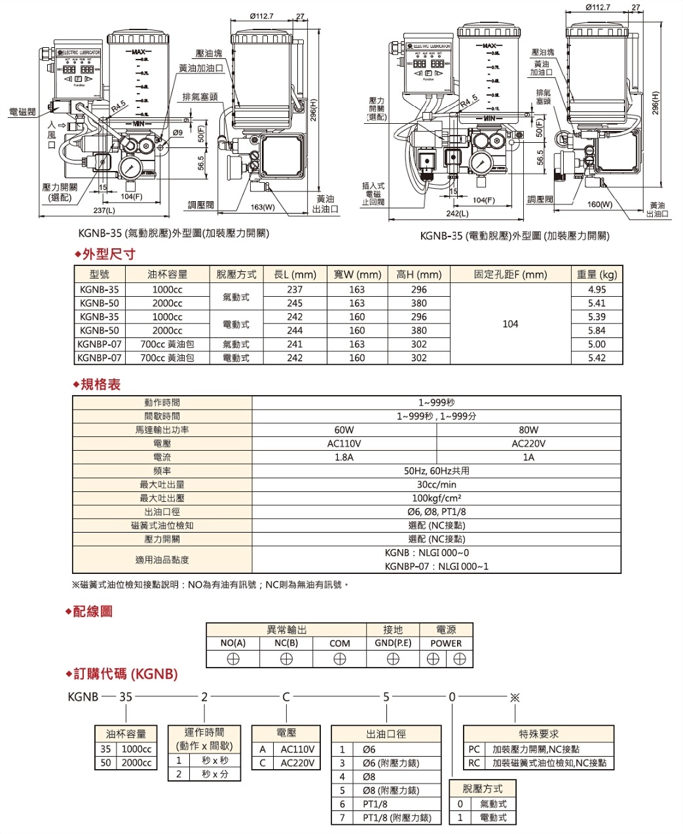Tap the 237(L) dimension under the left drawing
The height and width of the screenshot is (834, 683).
103,211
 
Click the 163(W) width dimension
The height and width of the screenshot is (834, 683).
263,207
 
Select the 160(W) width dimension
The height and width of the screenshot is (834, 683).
599,204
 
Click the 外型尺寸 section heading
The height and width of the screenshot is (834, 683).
108,254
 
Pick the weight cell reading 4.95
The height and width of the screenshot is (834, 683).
597,290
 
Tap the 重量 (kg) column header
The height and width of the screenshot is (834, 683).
597,275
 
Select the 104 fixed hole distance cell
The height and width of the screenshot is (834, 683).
510,324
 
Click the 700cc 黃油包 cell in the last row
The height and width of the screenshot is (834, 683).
167,358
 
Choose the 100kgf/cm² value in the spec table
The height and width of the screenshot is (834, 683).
436,499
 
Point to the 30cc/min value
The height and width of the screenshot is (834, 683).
436,485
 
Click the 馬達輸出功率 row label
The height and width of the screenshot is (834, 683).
162,430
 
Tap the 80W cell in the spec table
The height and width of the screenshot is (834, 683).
528,430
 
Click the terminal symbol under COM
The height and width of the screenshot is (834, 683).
339,660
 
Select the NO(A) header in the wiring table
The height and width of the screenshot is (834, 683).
232,643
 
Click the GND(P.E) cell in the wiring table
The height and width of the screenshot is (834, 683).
393,643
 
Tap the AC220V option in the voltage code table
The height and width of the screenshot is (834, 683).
297,763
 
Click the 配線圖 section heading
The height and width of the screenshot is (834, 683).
92,611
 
